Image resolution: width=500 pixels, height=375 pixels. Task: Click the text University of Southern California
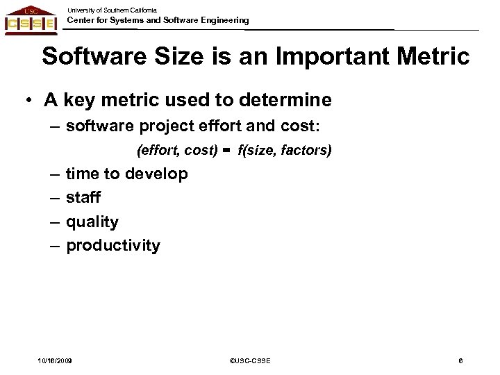(x=112, y=10)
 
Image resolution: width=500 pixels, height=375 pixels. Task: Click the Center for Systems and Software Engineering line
(x=157, y=21)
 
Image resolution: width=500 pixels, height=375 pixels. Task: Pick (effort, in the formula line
(x=158, y=151)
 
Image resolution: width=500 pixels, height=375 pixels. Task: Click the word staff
(x=83, y=198)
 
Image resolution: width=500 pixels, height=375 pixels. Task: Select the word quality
(x=92, y=222)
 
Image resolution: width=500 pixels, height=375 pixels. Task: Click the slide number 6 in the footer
(x=460, y=360)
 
